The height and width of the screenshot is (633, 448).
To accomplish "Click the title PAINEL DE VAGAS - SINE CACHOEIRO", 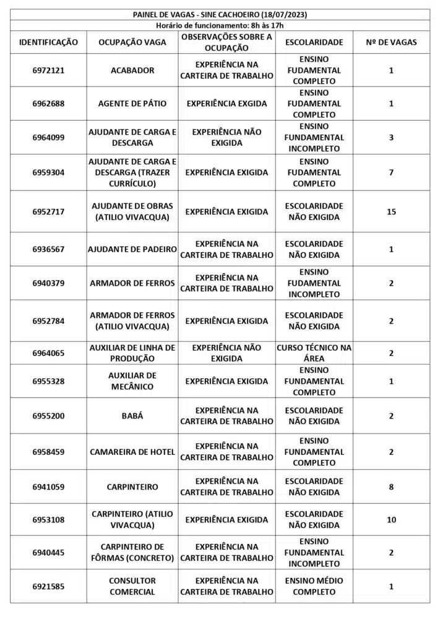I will pos(220,14).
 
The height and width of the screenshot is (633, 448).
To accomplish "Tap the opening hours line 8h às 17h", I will pos(220,25).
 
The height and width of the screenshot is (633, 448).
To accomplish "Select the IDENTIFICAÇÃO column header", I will pos(48,43).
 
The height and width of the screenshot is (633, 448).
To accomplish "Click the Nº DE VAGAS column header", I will pos(391,43).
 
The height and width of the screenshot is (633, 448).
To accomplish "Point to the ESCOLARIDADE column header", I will pos(314,43).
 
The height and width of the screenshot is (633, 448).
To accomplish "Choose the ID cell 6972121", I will pos(48,70).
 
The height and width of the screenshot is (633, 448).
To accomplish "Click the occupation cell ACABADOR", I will pos(132,70).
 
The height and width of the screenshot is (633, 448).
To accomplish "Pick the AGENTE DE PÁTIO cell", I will pos(132,104).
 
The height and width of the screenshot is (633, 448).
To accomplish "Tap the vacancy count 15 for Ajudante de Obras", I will pos(391,211).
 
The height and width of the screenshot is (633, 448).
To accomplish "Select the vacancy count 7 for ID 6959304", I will pos(391,172).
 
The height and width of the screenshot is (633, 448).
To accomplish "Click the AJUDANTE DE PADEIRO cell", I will pos(132,249).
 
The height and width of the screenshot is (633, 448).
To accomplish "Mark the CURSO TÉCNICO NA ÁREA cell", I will pos(314,353).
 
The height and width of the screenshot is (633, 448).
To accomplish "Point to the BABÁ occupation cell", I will pos(132,416).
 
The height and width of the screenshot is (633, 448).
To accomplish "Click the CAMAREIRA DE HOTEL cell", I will pos(132,452).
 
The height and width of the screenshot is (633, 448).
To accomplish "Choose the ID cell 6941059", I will pos(48,486).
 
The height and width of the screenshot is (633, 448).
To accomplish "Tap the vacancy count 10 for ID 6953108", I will pos(391,520).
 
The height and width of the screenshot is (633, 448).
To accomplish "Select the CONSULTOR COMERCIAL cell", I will pos(132,586).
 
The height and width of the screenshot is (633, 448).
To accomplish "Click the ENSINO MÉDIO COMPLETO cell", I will pos(314,586).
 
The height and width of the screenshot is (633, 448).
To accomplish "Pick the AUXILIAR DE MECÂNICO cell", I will pos(132,381).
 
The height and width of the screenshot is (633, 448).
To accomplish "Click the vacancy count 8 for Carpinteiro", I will pos(391,486).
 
